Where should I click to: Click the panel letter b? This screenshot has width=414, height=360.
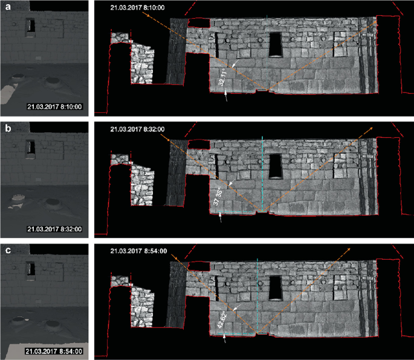pos(6,127)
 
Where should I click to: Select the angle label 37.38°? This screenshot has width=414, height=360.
pos(219,197)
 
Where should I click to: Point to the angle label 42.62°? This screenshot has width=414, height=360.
pos(221,317)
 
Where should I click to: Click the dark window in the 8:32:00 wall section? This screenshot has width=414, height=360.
pos(275,166)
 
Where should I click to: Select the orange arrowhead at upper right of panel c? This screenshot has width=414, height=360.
pos(350,249)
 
